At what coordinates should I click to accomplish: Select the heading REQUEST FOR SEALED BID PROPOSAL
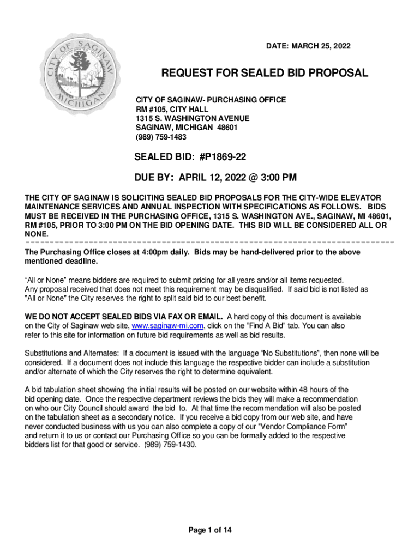[263, 74]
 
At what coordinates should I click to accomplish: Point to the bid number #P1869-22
[223, 157]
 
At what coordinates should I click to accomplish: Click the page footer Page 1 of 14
[210, 530]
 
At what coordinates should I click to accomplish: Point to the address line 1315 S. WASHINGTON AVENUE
[193, 118]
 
